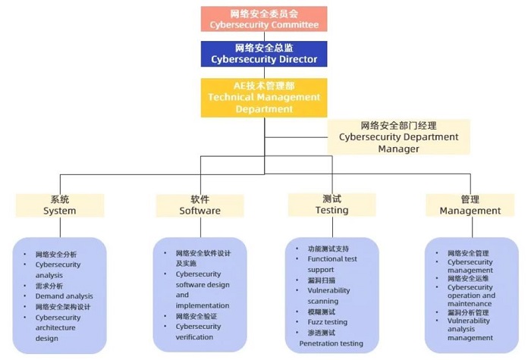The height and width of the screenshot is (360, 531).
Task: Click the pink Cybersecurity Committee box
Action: (264, 19)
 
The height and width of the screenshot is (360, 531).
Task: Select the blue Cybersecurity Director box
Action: (264, 54)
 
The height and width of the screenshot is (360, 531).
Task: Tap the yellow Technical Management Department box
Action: (264, 98)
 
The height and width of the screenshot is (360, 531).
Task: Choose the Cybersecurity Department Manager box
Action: (398, 137)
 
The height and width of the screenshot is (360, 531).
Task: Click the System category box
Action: (60, 205)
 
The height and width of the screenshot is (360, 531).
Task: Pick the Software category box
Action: (200, 205)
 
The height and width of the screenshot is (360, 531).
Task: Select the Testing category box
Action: (332, 205)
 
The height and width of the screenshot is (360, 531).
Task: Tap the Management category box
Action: (470, 205)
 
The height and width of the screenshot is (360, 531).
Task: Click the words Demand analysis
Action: (64, 296)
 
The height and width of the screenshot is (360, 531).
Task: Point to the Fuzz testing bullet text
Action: (328, 322)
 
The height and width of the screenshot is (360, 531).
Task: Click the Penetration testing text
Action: (331, 343)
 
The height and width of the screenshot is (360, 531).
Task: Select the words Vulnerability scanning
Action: (328, 296)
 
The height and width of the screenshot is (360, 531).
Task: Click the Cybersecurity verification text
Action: (198, 332)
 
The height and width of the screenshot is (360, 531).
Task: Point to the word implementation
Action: (203, 305)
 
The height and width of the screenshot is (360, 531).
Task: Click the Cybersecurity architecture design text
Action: (58, 328)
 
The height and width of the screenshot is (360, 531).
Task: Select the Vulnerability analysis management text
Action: (470, 329)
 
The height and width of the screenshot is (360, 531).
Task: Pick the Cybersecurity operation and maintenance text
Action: (471, 296)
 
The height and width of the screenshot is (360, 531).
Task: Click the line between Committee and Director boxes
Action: (264, 36)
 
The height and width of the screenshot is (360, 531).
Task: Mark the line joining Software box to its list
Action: (200, 227)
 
